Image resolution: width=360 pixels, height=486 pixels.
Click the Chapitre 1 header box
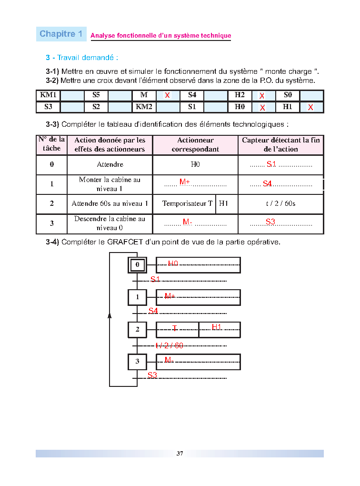[61, 34]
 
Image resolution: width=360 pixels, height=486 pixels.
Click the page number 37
[180, 454]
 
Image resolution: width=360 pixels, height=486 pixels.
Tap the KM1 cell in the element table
[48, 95]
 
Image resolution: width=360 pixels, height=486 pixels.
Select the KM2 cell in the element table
[144, 107]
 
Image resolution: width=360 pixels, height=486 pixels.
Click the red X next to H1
[310, 108]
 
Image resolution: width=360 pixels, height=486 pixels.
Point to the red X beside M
[167, 96]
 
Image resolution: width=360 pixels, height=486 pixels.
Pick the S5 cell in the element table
[96, 95]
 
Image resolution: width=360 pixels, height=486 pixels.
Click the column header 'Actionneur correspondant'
[195, 145]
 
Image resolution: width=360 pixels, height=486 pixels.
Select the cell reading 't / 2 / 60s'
[280, 203]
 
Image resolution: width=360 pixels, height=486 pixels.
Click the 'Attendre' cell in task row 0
[110, 164]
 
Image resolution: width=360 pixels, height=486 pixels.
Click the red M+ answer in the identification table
[184, 182]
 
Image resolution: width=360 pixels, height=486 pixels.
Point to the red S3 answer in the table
[270, 222]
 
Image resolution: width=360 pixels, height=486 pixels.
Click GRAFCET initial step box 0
[137, 264]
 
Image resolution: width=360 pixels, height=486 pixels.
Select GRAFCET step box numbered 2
[137, 329]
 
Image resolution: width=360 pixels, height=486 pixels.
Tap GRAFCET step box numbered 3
[137, 362]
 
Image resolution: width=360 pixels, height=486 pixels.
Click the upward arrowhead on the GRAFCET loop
[110, 315]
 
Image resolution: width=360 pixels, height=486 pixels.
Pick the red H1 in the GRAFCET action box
[217, 327]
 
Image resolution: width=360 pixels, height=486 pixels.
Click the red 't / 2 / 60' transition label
[170, 345]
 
